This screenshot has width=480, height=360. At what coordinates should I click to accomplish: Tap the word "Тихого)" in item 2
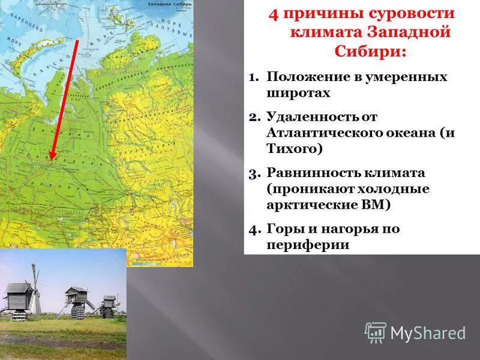point(291,149)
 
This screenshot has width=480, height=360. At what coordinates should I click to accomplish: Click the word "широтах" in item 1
point(298,94)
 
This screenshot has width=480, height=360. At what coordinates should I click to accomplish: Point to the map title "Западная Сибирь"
point(169,4)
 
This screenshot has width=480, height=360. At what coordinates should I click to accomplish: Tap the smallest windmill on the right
point(107,306)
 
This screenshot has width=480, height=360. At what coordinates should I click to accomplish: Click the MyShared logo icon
point(376,332)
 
